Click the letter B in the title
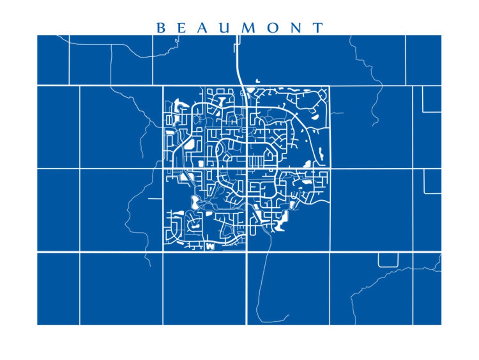(161, 28)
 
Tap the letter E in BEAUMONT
(182, 28)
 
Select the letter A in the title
(204, 28)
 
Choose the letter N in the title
(297, 28)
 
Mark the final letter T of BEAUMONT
(318, 28)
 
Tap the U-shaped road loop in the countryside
(388, 262)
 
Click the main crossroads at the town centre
(246, 169)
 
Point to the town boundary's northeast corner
(329, 87)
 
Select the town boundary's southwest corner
(163, 251)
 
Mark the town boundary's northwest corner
(163, 87)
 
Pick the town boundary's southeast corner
(329, 251)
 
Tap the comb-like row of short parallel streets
(255, 161)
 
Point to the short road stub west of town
(155, 198)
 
